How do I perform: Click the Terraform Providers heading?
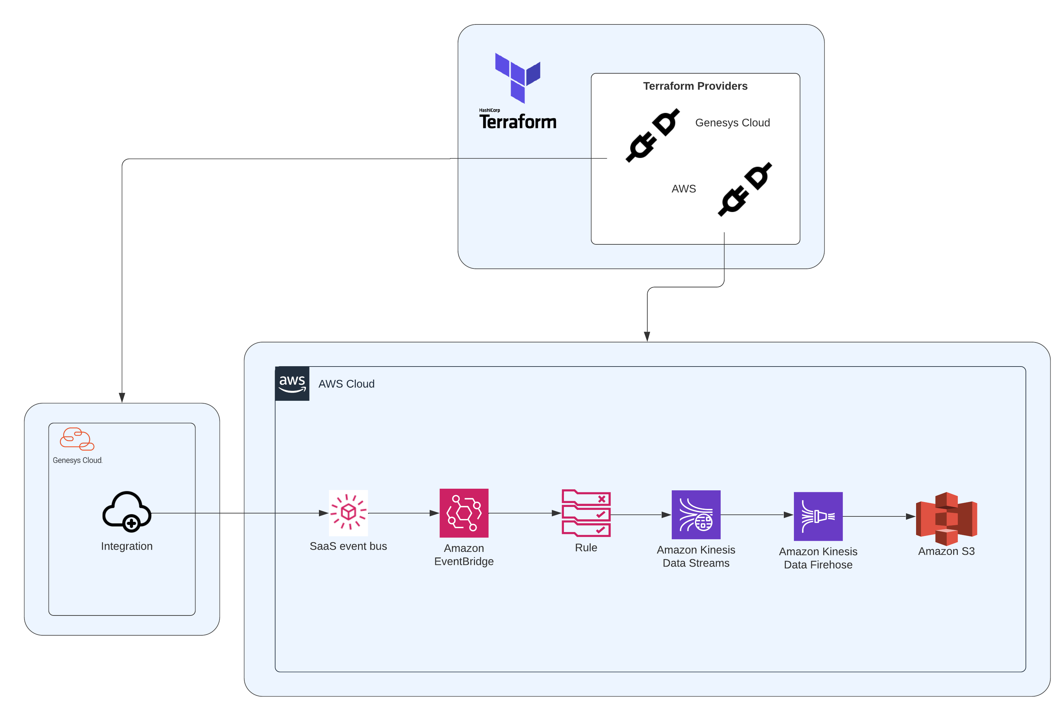(x=695, y=86)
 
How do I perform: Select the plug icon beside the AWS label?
(x=745, y=189)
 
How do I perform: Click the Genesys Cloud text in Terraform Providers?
(x=732, y=123)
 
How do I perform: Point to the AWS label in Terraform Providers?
(x=683, y=189)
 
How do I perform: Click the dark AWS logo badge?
(x=292, y=383)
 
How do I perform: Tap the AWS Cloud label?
(x=346, y=384)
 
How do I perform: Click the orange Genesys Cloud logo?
(x=77, y=439)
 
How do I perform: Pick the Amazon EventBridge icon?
(x=464, y=513)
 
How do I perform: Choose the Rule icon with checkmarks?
(x=586, y=513)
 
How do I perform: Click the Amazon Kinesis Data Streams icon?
(x=696, y=515)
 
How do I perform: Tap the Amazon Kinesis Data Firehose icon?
(x=818, y=516)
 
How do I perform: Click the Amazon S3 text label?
(x=946, y=551)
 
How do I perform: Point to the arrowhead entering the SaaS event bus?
(x=324, y=513)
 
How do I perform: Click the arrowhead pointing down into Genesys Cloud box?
(x=122, y=397)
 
